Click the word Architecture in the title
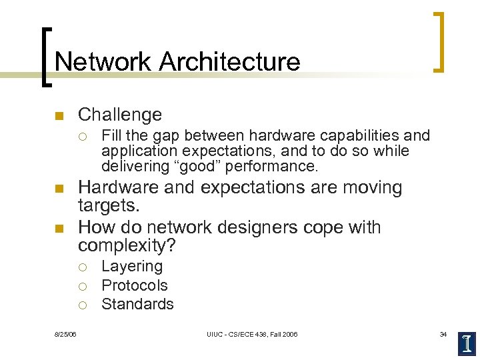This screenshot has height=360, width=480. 229,62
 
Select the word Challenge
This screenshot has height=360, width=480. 120,115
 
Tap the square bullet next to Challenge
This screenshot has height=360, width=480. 59,116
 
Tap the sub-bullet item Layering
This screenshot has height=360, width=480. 132,267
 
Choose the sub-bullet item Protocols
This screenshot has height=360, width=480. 135,285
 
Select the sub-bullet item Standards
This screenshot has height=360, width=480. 137,304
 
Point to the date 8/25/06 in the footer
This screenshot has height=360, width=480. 65,333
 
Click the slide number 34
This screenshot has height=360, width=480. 443,333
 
